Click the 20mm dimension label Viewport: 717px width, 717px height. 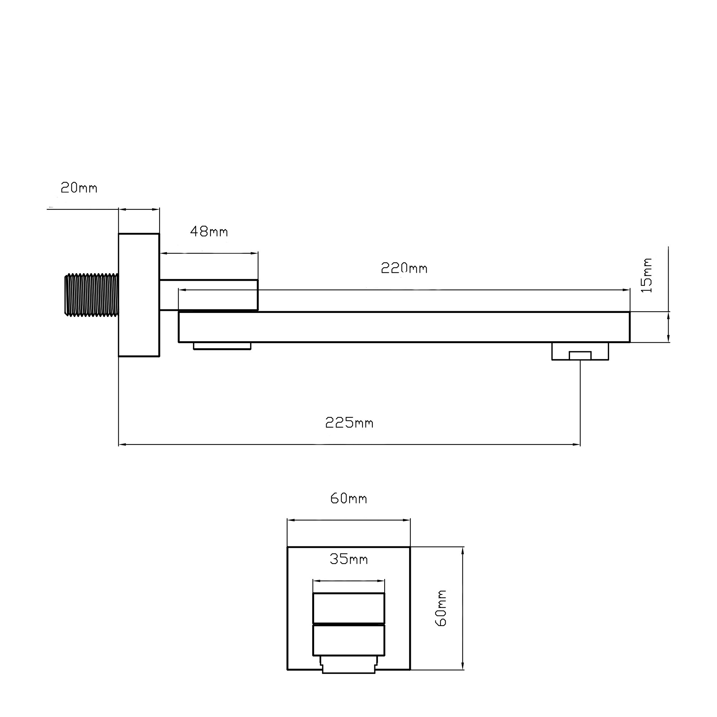point(79,188)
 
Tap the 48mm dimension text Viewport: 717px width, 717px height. point(209,232)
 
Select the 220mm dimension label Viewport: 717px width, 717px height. point(404,268)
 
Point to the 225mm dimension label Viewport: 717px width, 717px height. point(349,422)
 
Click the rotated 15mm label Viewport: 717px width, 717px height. point(647,275)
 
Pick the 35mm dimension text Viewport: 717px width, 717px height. point(348,559)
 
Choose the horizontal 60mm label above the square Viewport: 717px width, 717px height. point(348,498)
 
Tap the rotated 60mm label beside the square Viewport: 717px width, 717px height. point(441,608)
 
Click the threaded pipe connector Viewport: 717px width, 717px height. point(92,295)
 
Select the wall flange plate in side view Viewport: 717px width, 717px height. point(139,295)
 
